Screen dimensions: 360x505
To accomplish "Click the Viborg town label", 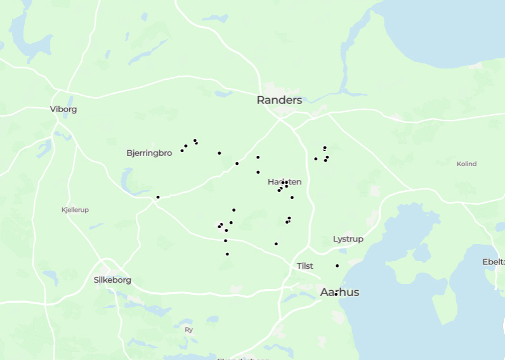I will (63, 109).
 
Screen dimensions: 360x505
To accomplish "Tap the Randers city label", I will (279, 100).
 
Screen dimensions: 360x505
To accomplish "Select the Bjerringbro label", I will (149, 153).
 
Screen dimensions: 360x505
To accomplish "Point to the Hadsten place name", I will (284, 183).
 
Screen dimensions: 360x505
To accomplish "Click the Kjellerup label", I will (75, 210).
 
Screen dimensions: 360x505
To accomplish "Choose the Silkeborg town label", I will (112, 280).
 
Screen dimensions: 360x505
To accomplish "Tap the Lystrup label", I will (348, 239).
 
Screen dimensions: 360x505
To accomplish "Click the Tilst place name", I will (305, 266).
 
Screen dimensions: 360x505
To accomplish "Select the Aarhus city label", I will (339, 292).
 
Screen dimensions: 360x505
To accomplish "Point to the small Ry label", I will (188, 330).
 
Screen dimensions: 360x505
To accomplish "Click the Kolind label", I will (466, 164).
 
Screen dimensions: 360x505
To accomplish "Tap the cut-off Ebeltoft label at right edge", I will (494, 262).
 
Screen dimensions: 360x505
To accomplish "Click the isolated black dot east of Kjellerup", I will (158, 197).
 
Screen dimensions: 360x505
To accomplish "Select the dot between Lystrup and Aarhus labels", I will (337, 266).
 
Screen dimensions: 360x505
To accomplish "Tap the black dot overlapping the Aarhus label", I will (336, 294).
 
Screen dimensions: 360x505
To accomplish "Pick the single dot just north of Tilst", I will (276, 244).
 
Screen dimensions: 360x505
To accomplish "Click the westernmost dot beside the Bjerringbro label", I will (182, 150).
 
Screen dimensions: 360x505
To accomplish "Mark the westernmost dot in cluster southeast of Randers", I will (315, 158).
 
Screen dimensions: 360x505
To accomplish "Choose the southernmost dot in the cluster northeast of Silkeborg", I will (227, 254).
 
